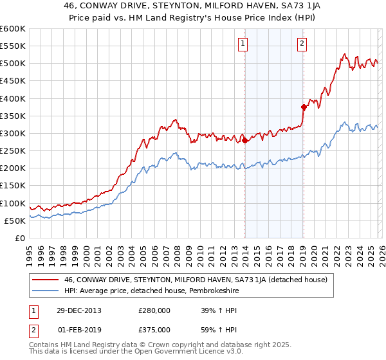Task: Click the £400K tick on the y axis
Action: pos(13,98)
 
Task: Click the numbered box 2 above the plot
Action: pos(302,44)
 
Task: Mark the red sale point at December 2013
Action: pos(245,141)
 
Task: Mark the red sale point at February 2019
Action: pos(303,107)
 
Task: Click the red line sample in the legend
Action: pos(45,280)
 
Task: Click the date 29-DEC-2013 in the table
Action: pos(78,310)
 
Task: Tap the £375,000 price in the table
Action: pos(154,329)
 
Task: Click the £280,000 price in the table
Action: pos(154,310)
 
